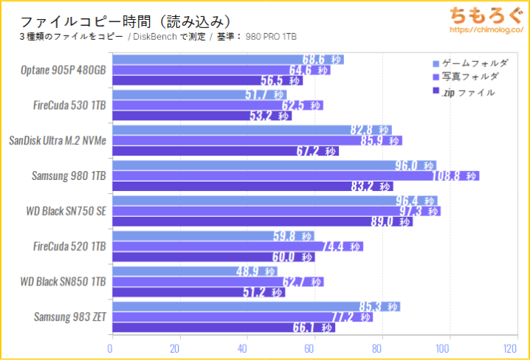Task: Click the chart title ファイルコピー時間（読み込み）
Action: [125, 21]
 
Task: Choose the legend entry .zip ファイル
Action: [467, 92]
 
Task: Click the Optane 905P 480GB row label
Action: [64, 71]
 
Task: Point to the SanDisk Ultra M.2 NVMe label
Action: [57, 140]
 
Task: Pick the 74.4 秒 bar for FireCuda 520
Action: [236, 246]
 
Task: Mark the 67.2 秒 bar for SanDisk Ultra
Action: [224, 151]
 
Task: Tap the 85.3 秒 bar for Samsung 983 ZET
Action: [254, 306]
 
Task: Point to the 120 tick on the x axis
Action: [510, 348]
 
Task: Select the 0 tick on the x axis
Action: [111, 348]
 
